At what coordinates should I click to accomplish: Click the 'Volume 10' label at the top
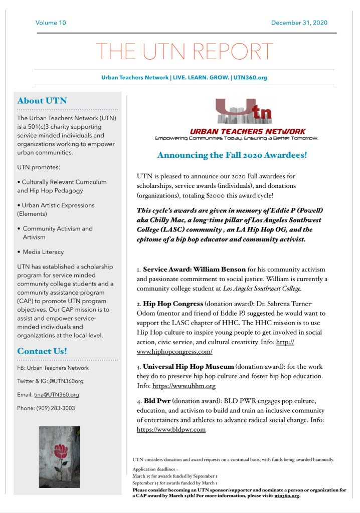click(51, 23)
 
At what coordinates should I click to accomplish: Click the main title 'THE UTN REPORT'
click(185, 52)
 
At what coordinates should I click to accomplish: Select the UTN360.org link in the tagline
click(250, 78)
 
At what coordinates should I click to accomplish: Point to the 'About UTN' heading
click(42, 101)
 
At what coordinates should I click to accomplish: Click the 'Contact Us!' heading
click(42, 351)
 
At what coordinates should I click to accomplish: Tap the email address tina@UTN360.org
click(56, 395)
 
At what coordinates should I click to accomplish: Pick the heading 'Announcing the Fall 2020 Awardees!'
click(232, 155)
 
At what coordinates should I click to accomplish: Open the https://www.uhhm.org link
click(184, 386)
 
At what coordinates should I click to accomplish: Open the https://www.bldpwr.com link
click(171, 429)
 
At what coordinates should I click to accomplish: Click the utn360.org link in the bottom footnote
click(286, 496)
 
